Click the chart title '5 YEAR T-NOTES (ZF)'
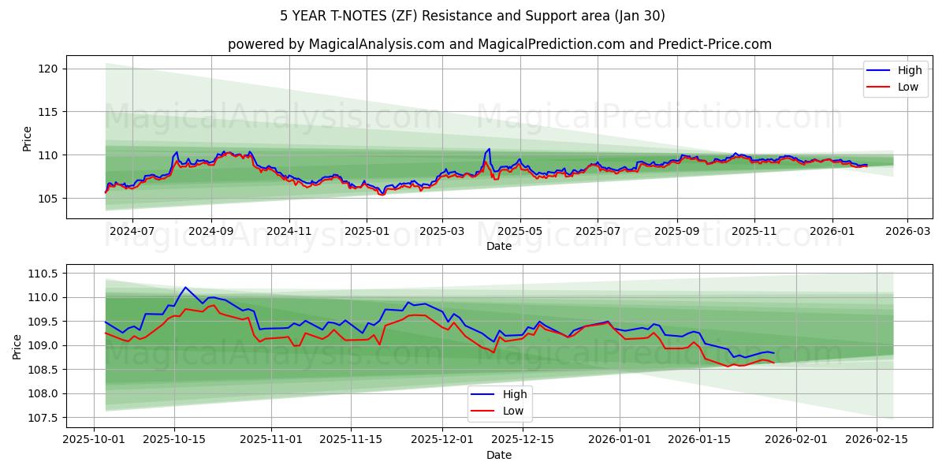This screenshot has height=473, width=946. pyautogui.click(x=472, y=16)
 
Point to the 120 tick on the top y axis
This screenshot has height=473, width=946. pyautogui.click(x=48, y=69)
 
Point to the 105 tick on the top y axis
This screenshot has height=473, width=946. pyautogui.click(x=48, y=198)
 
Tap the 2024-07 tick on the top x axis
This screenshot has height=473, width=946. pyautogui.click(x=132, y=230)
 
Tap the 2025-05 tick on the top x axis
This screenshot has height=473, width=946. pyautogui.click(x=520, y=230)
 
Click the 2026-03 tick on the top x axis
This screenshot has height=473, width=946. pyautogui.click(x=907, y=230)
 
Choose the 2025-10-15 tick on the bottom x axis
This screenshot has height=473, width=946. pyautogui.click(x=174, y=439)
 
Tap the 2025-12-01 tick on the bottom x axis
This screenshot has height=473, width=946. pyautogui.click(x=441, y=439)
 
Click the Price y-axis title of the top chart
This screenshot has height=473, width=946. pyautogui.click(x=28, y=139)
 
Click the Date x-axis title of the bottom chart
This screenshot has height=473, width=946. pyautogui.click(x=498, y=455)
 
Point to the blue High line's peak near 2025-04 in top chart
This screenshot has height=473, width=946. pyautogui.click(x=489, y=148)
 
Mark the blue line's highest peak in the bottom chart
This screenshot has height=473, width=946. pyautogui.click(x=185, y=287)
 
